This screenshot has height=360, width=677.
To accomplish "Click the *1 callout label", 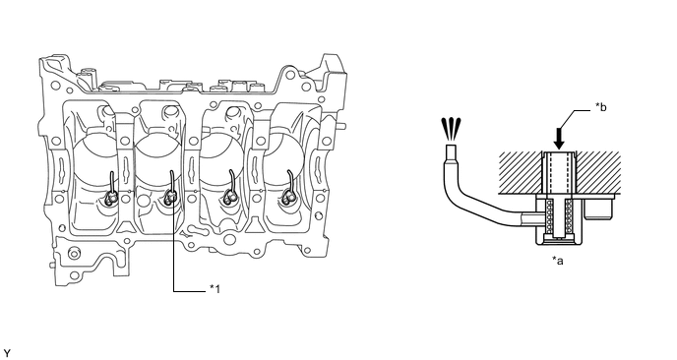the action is pyautogui.click(x=215, y=289).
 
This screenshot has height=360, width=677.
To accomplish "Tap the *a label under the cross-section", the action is pyautogui.click(x=557, y=261).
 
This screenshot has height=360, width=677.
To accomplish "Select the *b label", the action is pyautogui.click(x=600, y=106).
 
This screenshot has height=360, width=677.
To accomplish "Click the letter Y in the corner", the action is pyautogui.click(x=7, y=354).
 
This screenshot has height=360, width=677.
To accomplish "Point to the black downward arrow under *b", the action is pyautogui.click(x=559, y=138).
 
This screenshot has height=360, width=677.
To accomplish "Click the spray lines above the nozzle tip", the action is pyautogui.click(x=451, y=128).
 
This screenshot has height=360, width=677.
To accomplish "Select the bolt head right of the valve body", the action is pyautogui.click(x=598, y=209).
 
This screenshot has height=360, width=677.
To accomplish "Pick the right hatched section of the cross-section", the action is pyautogui.click(x=599, y=173).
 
